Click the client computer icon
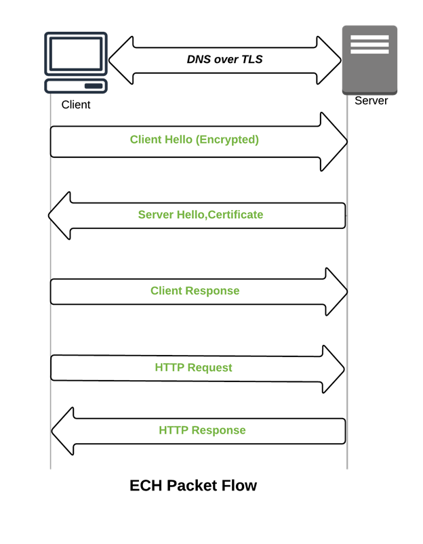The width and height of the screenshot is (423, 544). point(75,62)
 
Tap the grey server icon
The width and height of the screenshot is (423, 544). point(369,60)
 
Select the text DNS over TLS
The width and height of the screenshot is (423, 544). point(224,60)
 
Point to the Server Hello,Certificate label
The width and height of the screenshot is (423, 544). point(200,215)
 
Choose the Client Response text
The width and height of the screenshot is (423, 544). point(195,291)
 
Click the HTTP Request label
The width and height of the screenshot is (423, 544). point(193,368)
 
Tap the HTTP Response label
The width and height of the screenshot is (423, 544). point(202,430)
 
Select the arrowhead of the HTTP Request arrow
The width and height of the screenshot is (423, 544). point(334,369)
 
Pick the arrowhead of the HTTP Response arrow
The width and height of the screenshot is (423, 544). point(63,431)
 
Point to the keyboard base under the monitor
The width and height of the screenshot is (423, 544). point(75,86)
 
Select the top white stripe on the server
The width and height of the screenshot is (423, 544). point(369,38)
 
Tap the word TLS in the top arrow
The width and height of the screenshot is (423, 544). point(251,60)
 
